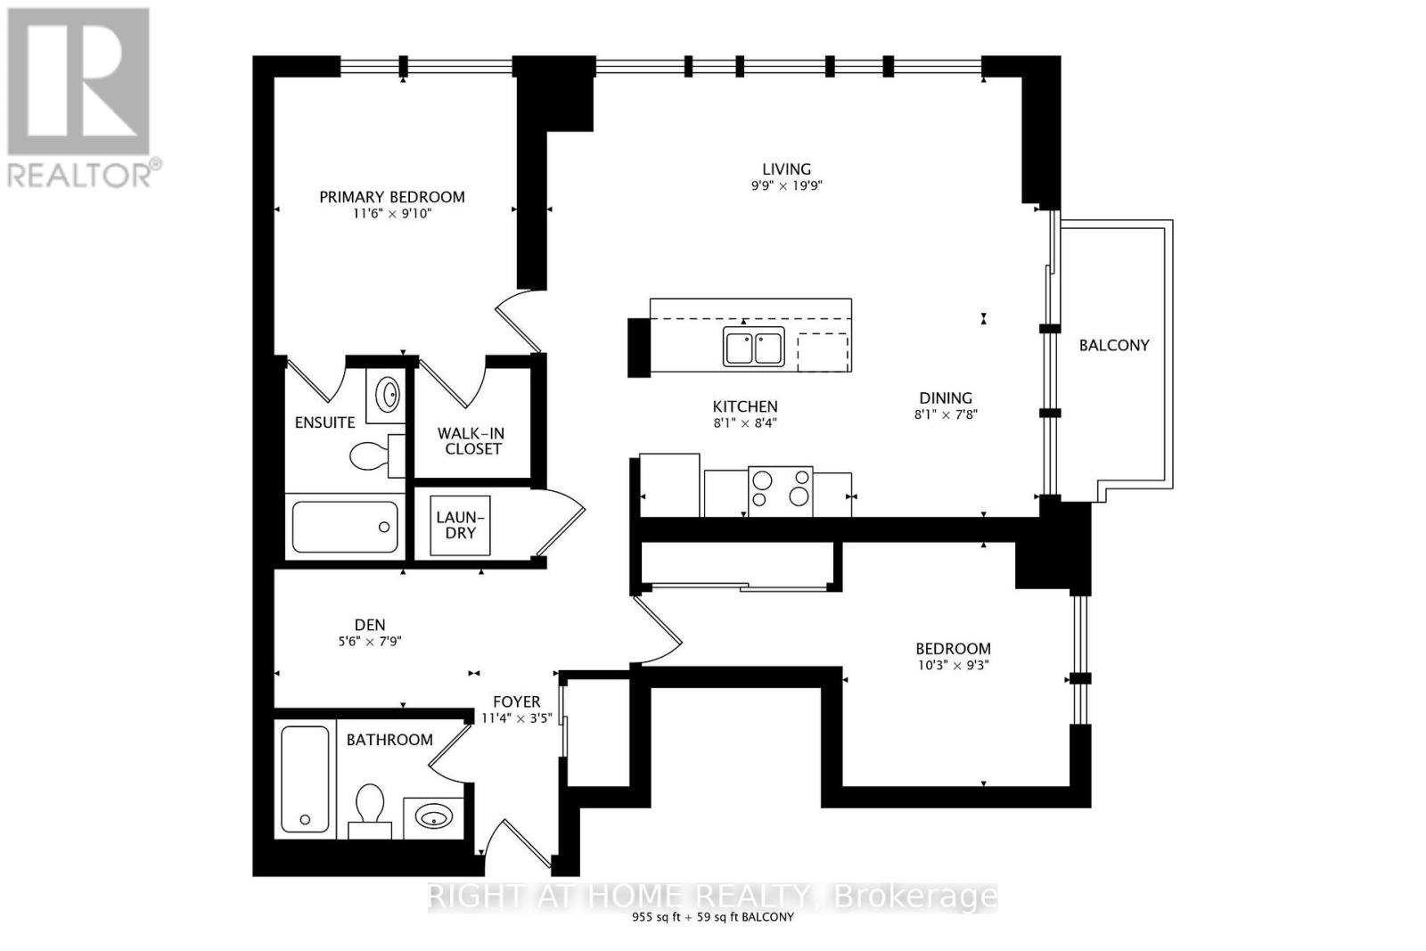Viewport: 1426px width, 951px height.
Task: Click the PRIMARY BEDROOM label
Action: click(392, 197)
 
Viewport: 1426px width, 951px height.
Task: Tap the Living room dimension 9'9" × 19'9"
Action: click(786, 186)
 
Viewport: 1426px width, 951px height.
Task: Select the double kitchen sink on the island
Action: click(754, 347)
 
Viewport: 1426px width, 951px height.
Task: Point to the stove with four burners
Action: click(780, 491)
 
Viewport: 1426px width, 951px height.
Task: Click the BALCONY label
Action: click(1114, 345)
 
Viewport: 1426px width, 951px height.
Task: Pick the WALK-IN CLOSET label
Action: click(471, 441)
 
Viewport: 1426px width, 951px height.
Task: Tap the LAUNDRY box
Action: click(461, 525)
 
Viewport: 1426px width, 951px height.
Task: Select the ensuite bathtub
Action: click(344, 528)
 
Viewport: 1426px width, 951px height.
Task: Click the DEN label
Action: click(370, 626)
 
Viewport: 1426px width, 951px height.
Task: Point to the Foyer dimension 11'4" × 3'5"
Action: click(517, 717)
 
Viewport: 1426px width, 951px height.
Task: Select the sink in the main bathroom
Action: click(434, 816)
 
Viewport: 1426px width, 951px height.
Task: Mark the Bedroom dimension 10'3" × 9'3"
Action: click(953, 665)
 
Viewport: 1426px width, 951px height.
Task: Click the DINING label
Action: click(946, 398)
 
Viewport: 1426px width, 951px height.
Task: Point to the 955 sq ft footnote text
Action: click(712, 917)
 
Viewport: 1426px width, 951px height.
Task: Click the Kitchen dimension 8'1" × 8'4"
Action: click(745, 423)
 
